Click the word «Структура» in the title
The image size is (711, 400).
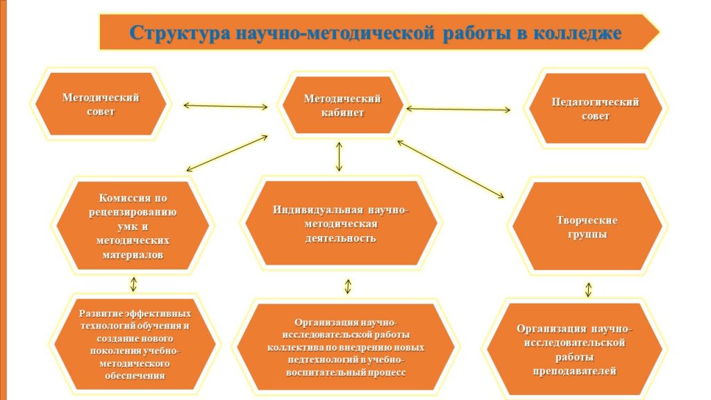[x=180, y=33]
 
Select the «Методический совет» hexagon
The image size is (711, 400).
[x=101, y=104]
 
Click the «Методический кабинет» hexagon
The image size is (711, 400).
[x=342, y=106]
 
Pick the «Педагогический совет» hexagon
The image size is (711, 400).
[x=595, y=108]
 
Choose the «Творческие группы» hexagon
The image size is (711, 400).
[x=587, y=227]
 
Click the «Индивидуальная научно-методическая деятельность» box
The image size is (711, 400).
[x=341, y=223]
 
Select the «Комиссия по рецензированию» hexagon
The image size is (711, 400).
[x=133, y=226]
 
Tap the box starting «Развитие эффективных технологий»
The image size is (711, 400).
[x=135, y=344]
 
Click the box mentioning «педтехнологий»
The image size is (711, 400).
[x=346, y=347]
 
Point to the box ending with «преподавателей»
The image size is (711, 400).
[x=574, y=349]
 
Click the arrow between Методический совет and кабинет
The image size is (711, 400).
[x=226, y=106]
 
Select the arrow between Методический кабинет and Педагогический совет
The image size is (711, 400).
[x=458, y=109]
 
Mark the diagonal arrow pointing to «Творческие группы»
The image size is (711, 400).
[x=450, y=169]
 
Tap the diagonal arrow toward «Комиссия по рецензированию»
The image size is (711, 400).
[x=227, y=153]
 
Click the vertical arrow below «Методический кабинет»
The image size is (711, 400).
[x=339, y=157]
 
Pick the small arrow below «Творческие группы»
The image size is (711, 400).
[x=588, y=290]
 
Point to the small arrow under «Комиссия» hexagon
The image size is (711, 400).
[x=133, y=284]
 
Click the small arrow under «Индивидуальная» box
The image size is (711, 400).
[x=348, y=286]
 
